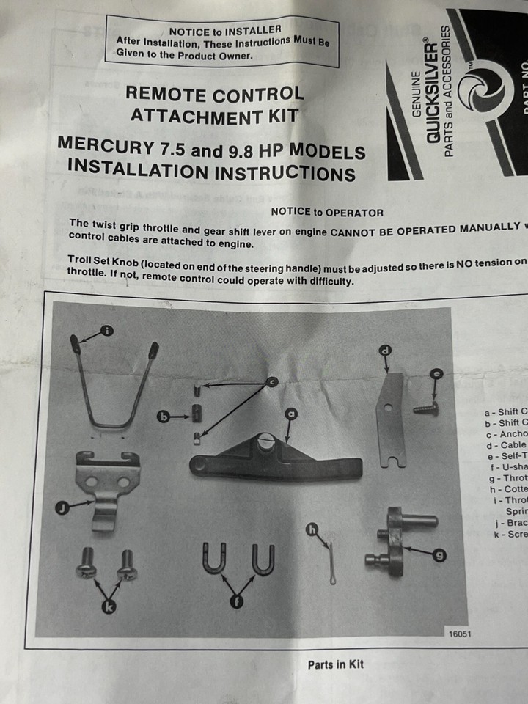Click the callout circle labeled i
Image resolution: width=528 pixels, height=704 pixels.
[107, 331]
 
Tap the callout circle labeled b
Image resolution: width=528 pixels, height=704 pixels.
[164, 417]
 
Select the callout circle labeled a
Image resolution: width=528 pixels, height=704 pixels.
[291, 414]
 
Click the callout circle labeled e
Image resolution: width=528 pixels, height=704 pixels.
[437, 374]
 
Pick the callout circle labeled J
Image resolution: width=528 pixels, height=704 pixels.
[63, 507]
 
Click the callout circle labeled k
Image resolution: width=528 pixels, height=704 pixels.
[109, 606]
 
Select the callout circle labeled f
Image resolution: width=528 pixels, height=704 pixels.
[238, 602]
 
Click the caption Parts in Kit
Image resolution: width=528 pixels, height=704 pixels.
[335, 664]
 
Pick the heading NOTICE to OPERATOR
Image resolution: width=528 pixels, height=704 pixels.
[327, 212]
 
